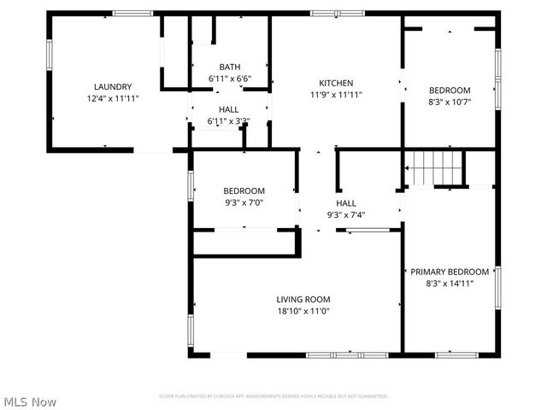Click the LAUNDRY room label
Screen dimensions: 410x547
(x=112, y=86)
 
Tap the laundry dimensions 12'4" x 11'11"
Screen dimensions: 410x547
(x=112, y=98)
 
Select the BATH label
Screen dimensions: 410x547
(x=229, y=67)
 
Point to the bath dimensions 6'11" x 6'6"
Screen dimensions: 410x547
(x=229, y=79)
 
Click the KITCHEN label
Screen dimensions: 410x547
(x=336, y=83)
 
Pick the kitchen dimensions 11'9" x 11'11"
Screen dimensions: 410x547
(x=336, y=95)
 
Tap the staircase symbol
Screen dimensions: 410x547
(x=433, y=166)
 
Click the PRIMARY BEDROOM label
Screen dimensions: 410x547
(x=450, y=272)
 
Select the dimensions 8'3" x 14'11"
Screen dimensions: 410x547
(x=450, y=284)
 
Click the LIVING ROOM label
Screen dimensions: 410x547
(x=303, y=299)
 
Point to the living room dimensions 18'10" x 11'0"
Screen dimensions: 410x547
(x=303, y=312)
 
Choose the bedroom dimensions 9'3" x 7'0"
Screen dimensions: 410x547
(x=244, y=203)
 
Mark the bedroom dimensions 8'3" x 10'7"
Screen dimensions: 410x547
(x=450, y=102)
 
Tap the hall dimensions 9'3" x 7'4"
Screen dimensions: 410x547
(x=345, y=215)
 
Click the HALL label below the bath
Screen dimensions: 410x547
(x=228, y=109)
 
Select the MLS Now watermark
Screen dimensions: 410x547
(x=31, y=401)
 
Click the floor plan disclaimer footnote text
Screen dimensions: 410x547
(x=273, y=396)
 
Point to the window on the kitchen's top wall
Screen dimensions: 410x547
(x=325, y=13)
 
